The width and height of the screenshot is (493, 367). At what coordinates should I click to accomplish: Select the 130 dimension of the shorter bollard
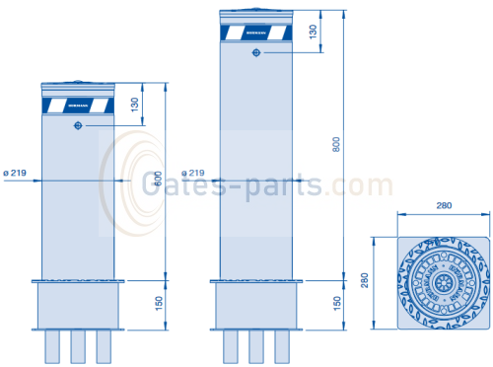tap(134, 105)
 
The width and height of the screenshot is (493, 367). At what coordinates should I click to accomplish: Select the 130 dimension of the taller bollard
tap(314, 32)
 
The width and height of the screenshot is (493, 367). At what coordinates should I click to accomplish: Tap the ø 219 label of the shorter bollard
tap(15, 174)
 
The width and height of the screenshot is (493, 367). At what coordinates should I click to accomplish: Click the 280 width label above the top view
tap(433, 205)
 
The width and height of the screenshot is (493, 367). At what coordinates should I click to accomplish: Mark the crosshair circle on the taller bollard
tap(255, 53)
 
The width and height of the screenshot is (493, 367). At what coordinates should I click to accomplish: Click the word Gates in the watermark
tap(177, 183)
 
